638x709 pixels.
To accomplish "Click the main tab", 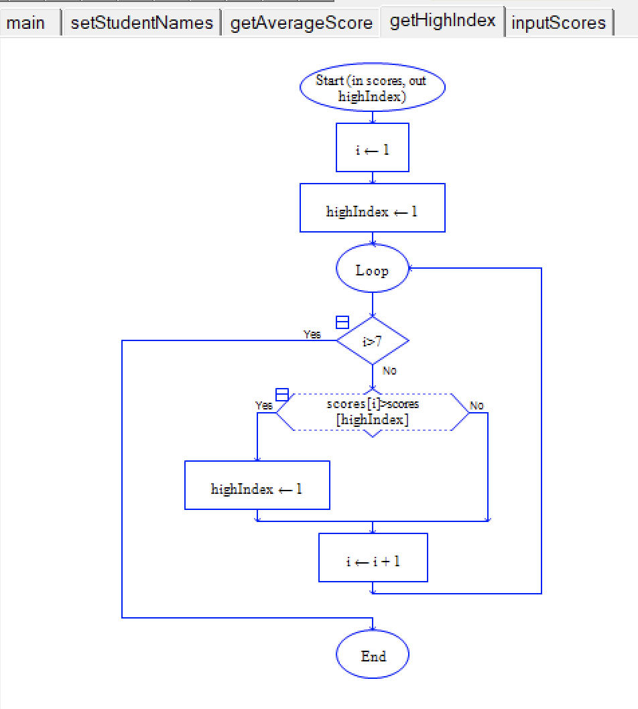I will tap(27, 23).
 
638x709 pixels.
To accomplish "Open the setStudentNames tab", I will tap(141, 23).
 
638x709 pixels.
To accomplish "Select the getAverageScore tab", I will tap(301, 23).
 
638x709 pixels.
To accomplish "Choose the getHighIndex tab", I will tap(442, 21).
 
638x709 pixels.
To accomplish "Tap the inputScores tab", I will tap(558, 23).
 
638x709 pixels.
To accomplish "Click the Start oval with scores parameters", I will tap(372, 88).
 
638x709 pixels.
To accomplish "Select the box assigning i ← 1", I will tap(372, 148).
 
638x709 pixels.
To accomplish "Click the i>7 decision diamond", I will tap(372, 341).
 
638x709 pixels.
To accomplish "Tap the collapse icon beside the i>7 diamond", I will tap(342, 322).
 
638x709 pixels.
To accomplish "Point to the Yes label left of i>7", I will tap(312, 334).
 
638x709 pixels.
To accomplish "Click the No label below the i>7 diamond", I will tap(389, 371).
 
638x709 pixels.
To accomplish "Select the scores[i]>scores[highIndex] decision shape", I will tap(372, 412).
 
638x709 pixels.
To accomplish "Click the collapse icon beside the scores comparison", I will tap(282, 394).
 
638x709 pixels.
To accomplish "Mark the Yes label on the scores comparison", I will tap(264, 405).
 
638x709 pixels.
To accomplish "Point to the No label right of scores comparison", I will tap(476, 405).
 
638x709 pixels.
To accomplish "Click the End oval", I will tap(372, 655).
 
